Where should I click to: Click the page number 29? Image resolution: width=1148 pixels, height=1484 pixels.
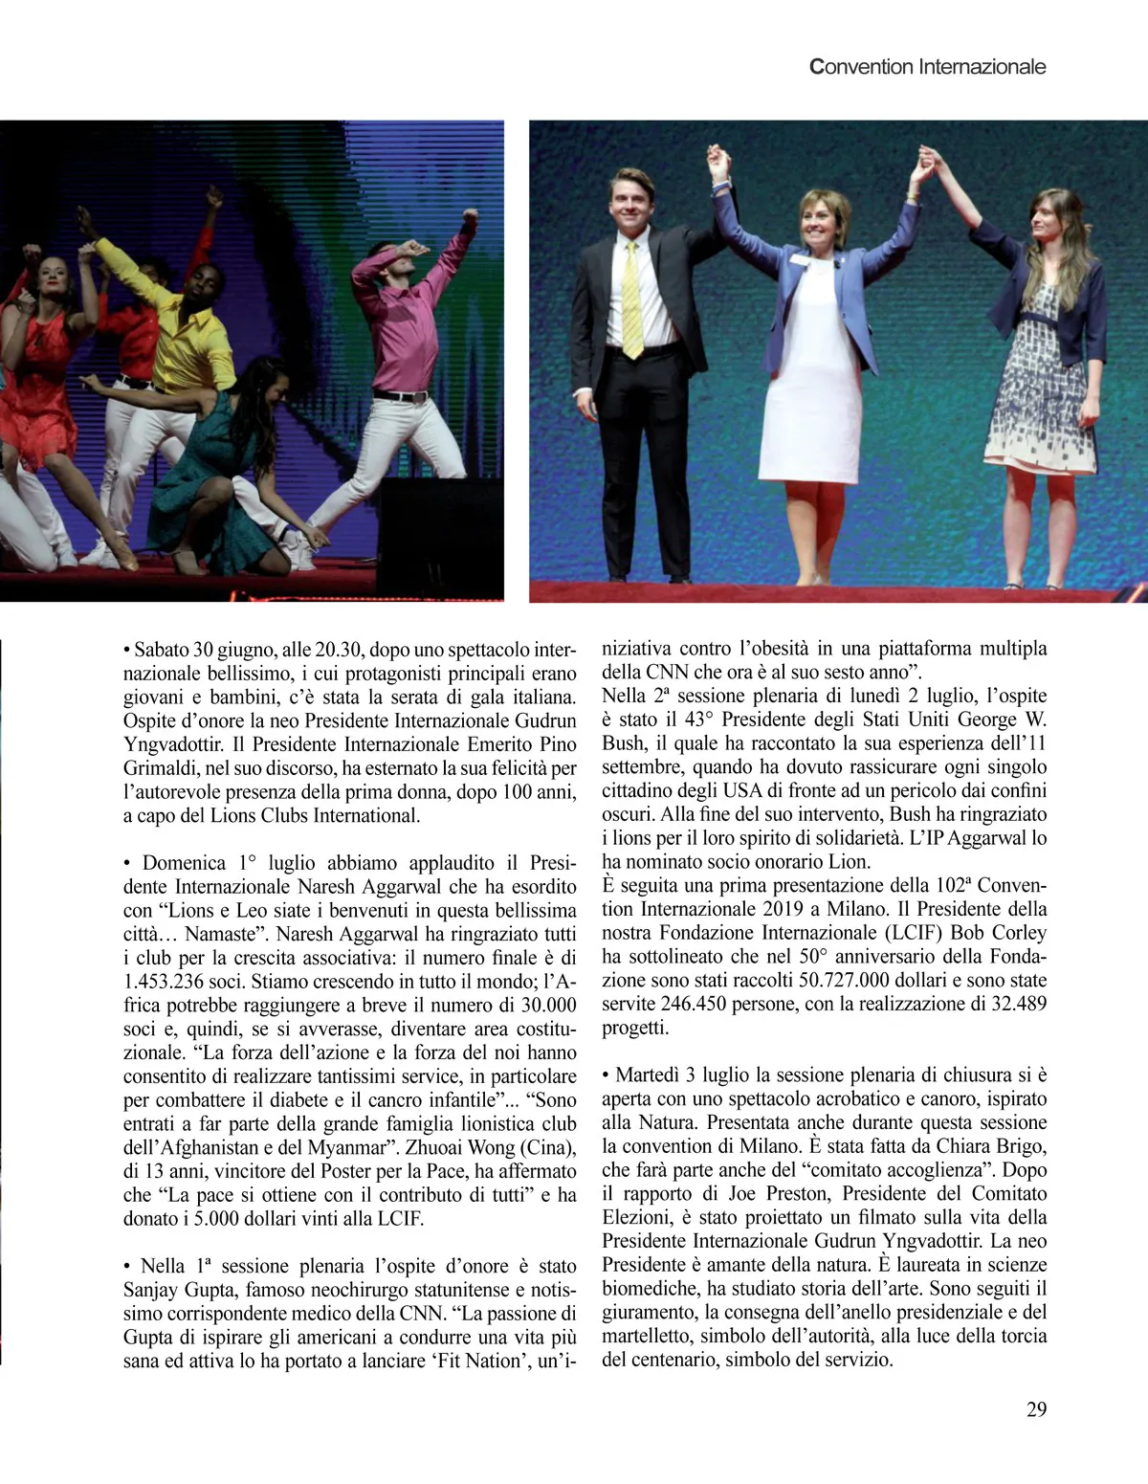[x=1036, y=1408]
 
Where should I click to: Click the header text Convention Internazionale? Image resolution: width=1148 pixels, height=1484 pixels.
[x=927, y=67]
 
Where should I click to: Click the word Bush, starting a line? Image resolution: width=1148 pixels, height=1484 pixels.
[x=623, y=743]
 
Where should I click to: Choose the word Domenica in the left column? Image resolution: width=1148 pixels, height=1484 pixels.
[x=185, y=863]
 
